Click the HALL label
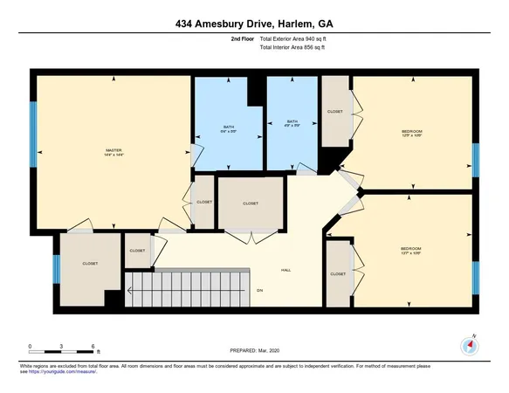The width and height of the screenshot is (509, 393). pyautogui.click(x=285, y=269)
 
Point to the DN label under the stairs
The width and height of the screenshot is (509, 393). pyautogui.click(x=259, y=290)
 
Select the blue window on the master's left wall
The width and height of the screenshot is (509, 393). pyautogui.click(x=35, y=132)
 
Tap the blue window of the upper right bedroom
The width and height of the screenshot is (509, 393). pyautogui.click(x=475, y=160)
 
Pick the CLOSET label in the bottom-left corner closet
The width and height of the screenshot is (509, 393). pyautogui.click(x=89, y=263)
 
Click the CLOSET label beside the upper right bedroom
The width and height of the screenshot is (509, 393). pyautogui.click(x=334, y=111)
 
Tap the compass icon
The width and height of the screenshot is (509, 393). pyautogui.click(x=470, y=346)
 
